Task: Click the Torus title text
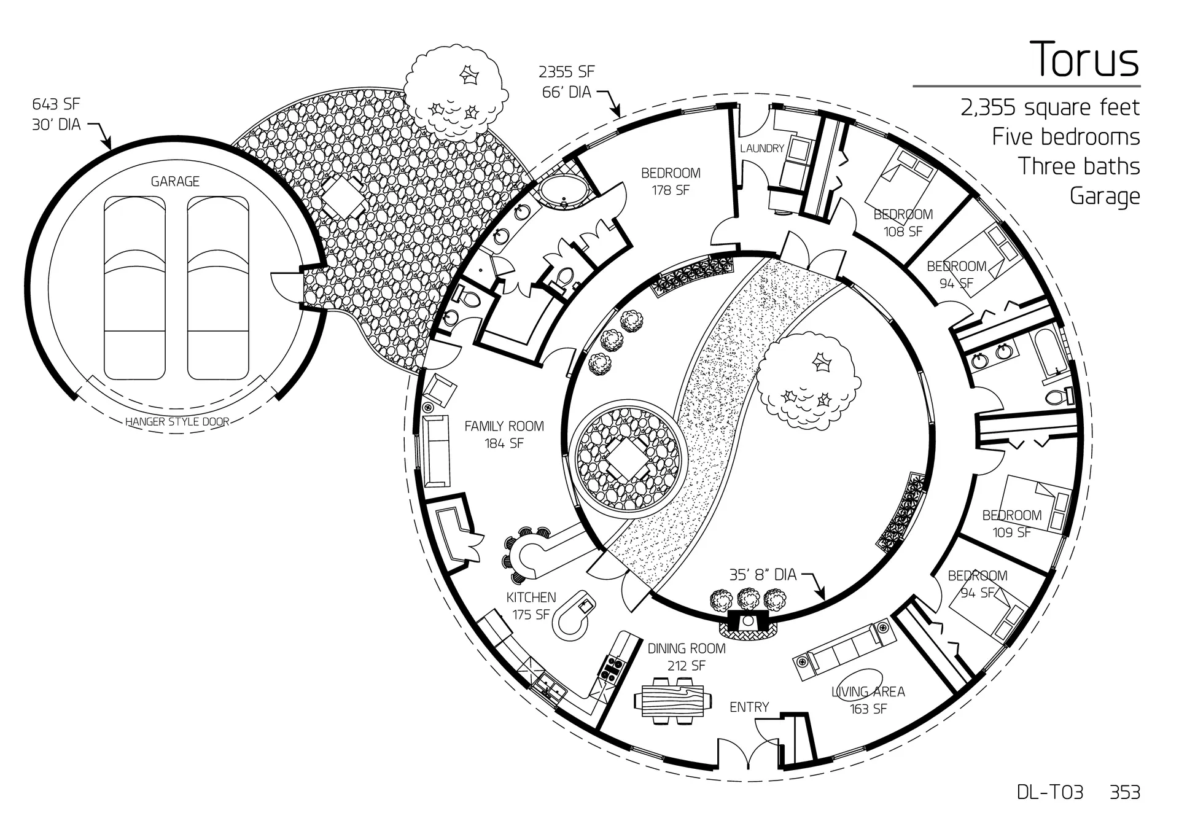[1085, 60]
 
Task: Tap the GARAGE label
[175, 181]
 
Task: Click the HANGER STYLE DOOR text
[177, 422]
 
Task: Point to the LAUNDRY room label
[761, 149]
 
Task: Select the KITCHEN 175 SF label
[531, 605]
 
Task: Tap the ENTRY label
[749, 707]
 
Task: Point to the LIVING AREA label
[868, 692]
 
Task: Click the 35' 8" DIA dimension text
[763, 575]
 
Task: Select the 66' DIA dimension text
[566, 92]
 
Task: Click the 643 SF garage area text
[56, 104]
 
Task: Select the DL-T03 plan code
[1050, 792]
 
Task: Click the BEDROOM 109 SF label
[1011, 524]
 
